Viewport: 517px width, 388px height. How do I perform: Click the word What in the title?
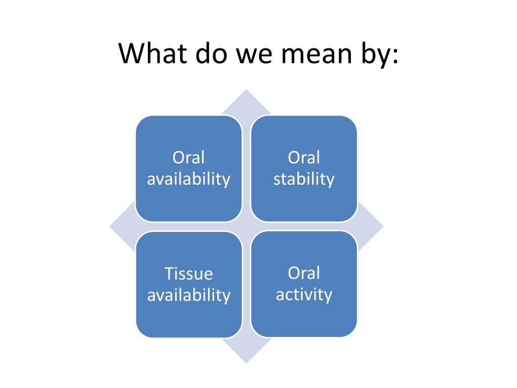[x=153, y=53]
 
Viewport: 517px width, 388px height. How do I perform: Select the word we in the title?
[x=254, y=56]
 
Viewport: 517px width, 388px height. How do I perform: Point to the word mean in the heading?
[x=317, y=56]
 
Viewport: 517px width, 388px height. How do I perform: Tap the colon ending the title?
[x=395, y=56]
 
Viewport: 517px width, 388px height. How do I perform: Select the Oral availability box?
[x=189, y=169]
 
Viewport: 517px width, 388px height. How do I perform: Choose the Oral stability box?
[x=303, y=169]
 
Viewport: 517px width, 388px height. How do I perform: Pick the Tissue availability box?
[x=189, y=284]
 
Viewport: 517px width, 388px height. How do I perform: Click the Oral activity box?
[x=303, y=284]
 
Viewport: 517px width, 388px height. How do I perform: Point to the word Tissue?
[x=189, y=273]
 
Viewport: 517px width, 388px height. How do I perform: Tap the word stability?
[x=303, y=180]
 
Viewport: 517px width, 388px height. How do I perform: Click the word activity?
[x=303, y=295]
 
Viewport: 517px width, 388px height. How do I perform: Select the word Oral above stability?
[x=303, y=158]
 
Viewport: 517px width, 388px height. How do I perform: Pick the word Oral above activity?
[x=303, y=273]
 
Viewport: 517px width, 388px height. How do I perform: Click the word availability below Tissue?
[x=189, y=295]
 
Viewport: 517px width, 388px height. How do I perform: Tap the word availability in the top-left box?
[x=189, y=180]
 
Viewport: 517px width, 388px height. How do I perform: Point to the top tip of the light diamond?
[x=246, y=89]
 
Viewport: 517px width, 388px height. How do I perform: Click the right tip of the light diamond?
[x=383, y=226]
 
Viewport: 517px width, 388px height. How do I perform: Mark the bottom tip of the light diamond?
[x=246, y=363]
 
